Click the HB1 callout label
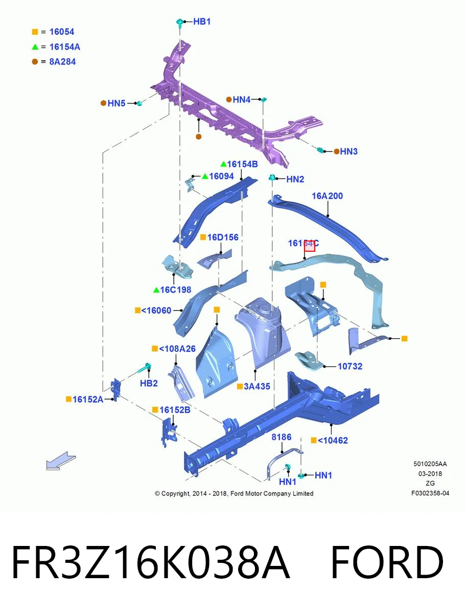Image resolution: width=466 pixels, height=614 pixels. click(x=202, y=21)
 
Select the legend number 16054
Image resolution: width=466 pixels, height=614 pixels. click(x=62, y=32)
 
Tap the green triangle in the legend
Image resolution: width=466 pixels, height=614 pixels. click(x=35, y=47)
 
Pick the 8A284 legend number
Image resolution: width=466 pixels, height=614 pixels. click(x=62, y=61)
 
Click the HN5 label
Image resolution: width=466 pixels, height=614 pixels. click(x=116, y=103)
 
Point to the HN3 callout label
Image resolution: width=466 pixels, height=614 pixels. click(x=348, y=151)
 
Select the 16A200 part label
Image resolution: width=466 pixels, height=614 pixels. click(x=327, y=196)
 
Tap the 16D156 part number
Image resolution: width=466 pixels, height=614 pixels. click(x=223, y=237)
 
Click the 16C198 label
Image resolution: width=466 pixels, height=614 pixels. click(x=176, y=290)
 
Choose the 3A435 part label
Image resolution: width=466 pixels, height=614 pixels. click(x=257, y=386)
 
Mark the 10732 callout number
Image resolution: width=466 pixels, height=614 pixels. click(x=350, y=366)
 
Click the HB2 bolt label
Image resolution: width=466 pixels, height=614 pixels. click(x=149, y=383)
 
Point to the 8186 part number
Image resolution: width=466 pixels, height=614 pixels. click(x=282, y=437)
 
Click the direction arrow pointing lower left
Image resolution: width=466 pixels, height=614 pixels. click(x=61, y=461)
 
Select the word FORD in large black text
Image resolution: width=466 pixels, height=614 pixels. click(x=387, y=562)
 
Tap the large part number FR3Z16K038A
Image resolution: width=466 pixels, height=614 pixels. click(x=151, y=562)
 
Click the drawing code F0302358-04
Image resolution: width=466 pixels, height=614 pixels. click(x=430, y=493)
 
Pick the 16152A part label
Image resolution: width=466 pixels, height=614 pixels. click(x=88, y=399)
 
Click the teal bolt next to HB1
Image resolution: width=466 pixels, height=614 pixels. click(x=180, y=23)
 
